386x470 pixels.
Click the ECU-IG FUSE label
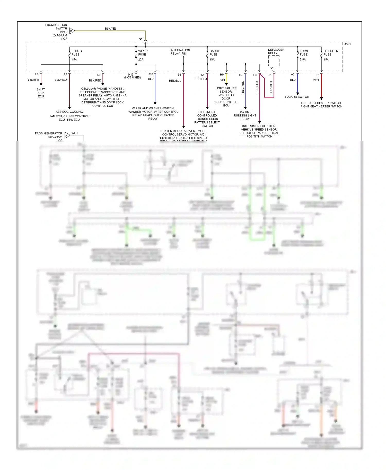point(76,53)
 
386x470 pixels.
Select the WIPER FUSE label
point(143,53)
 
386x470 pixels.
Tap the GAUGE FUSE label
point(214,53)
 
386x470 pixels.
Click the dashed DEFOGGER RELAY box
point(274,61)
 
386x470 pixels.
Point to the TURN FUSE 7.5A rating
point(303,59)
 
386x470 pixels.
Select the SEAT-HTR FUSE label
point(330,53)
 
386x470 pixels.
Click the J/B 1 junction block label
point(347,44)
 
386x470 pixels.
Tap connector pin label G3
point(141,39)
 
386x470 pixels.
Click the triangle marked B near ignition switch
point(72,31)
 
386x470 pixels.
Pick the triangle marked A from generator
point(67,135)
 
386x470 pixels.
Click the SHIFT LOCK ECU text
point(41,93)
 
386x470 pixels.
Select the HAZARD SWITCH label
point(297,97)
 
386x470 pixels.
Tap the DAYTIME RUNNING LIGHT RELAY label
point(245,115)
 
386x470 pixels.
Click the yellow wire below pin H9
point(226,77)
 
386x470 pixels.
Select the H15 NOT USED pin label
point(132,76)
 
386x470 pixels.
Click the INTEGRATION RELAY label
point(180,52)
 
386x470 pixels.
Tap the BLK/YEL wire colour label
point(111,29)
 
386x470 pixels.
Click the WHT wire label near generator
point(75,133)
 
